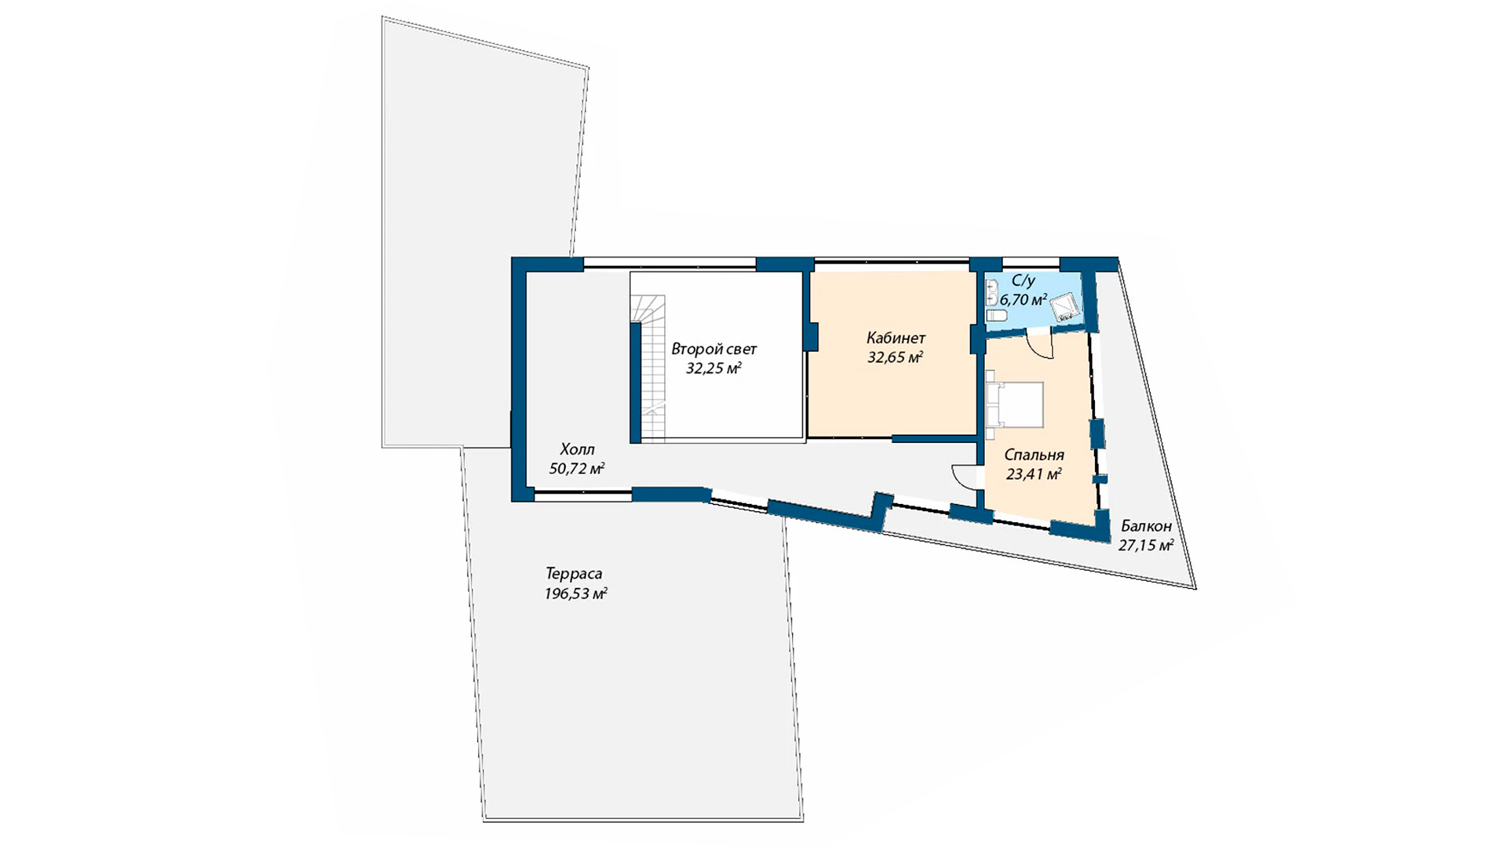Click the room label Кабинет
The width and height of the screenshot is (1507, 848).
pyautogui.click(x=896, y=338)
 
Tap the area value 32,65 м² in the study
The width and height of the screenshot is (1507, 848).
pyautogui.click(x=895, y=357)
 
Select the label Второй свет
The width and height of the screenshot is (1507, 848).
pyautogui.click(x=713, y=349)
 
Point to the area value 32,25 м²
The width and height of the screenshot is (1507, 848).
pyautogui.click(x=713, y=368)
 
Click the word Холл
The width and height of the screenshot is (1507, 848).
pyautogui.click(x=577, y=450)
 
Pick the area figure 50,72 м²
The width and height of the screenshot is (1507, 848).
pyautogui.click(x=577, y=469)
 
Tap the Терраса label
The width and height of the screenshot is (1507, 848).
pyautogui.click(x=574, y=574)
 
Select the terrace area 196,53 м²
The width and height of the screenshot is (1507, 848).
pyautogui.click(x=575, y=594)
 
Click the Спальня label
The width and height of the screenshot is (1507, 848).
pyautogui.click(x=1034, y=455)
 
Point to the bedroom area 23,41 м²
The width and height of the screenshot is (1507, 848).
pyautogui.click(x=1034, y=474)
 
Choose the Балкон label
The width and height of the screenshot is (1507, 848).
pyautogui.click(x=1146, y=526)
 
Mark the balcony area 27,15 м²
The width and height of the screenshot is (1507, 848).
pyautogui.click(x=1146, y=545)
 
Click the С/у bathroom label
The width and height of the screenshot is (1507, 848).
pyautogui.click(x=1023, y=281)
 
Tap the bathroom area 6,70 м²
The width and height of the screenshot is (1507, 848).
pyautogui.click(x=1023, y=300)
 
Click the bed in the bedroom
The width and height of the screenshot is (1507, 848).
pyautogui.click(x=1016, y=405)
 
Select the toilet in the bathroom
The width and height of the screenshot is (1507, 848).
pyautogui.click(x=996, y=316)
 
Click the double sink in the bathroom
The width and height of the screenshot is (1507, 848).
pyautogui.click(x=991, y=292)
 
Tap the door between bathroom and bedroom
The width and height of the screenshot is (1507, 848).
pyautogui.click(x=1039, y=345)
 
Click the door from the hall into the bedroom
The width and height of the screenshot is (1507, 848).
pyautogui.click(x=965, y=477)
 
